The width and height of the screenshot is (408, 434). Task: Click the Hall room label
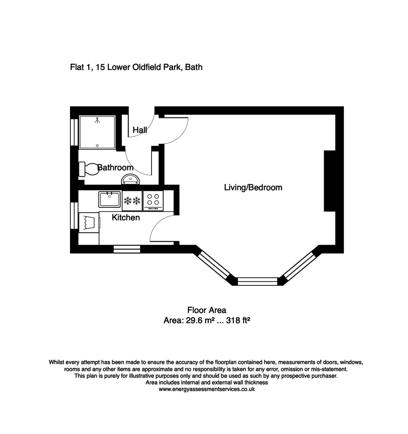click(x=139, y=130)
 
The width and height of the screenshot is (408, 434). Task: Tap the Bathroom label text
click(x=115, y=168)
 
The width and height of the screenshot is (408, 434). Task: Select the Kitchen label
click(x=125, y=218)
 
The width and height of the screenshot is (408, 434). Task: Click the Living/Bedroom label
click(x=253, y=187)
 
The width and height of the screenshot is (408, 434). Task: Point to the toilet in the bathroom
click(x=89, y=169)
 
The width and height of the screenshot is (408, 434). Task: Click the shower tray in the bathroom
click(x=97, y=132)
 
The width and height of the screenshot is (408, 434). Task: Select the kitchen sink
click(x=109, y=199)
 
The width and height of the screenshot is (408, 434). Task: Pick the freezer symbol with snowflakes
click(x=132, y=201)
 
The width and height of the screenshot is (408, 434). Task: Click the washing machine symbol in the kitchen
click(x=89, y=222)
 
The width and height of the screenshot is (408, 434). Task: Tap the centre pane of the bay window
click(x=257, y=281)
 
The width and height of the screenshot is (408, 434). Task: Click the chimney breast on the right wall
click(x=330, y=181)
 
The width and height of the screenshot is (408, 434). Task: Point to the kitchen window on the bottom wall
click(x=127, y=249)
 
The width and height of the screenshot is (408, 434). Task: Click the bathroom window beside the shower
click(x=74, y=132)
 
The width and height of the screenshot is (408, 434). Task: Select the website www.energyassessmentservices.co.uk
click(x=207, y=389)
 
